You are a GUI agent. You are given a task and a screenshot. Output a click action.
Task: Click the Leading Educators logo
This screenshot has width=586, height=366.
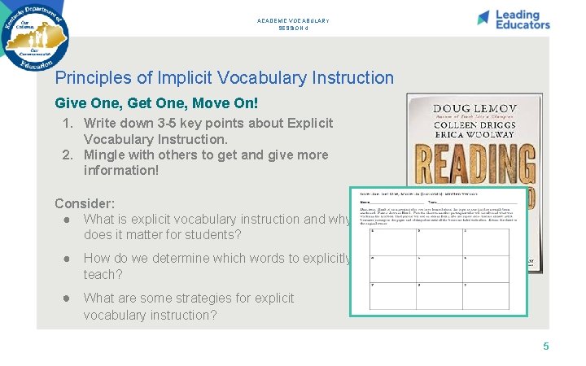[514, 20]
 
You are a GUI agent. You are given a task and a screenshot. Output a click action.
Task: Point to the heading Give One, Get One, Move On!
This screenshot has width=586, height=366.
[156, 104]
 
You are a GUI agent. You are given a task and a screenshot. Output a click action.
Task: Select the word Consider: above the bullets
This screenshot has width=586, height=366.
[85, 203]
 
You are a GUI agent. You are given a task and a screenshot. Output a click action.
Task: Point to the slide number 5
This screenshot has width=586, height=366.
[546, 346]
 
